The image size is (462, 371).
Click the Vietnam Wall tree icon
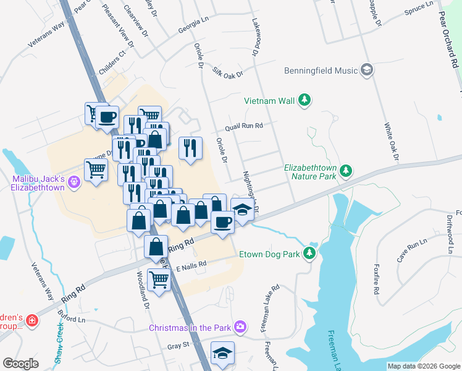(x=304, y=100)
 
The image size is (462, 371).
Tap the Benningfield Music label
(x=321, y=70)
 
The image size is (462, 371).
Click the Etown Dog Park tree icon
(x=309, y=254)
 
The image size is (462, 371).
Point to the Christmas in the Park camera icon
(x=241, y=326)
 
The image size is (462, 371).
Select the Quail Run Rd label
(x=244, y=126)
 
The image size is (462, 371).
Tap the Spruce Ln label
(x=419, y=9)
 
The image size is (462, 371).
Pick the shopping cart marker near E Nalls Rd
(x=159, y=280)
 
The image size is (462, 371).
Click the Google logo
(x=20, y=364)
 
